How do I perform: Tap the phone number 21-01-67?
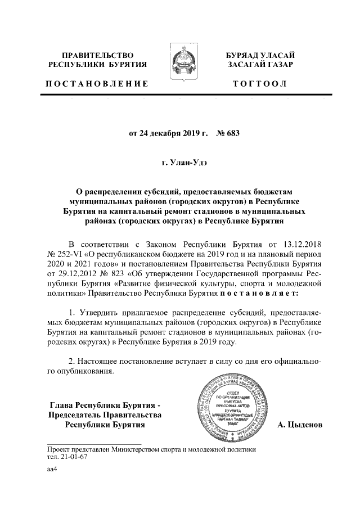pos(73,457)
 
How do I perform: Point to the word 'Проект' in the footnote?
pos(59,449)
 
